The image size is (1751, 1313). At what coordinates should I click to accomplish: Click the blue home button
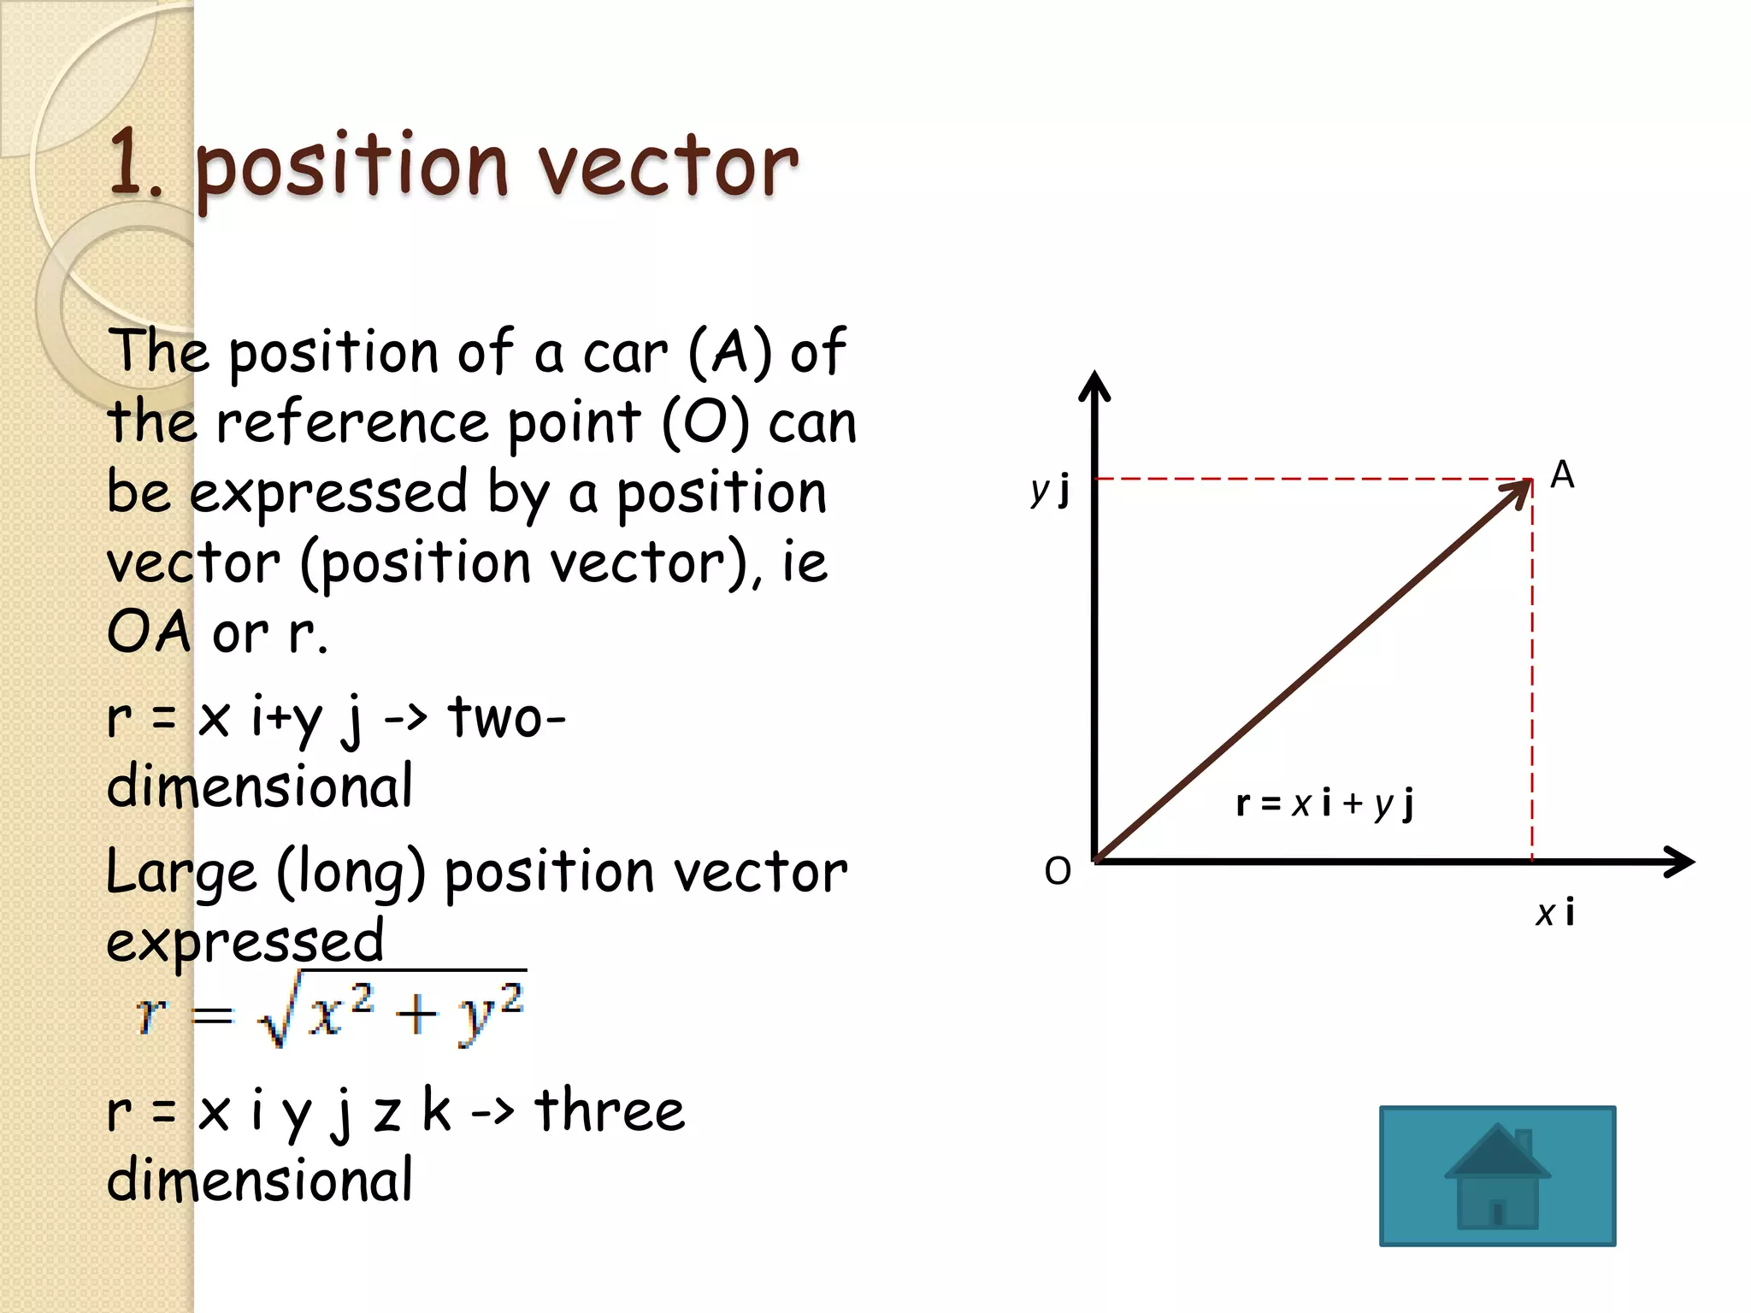(1497, 1175)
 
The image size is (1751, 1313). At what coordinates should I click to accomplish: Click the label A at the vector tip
(1562, 474)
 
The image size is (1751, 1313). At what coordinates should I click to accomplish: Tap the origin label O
(1058, 871)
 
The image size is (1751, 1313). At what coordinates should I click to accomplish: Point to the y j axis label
(1051, 491)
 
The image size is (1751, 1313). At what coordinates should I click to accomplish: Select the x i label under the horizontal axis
(1554, 912)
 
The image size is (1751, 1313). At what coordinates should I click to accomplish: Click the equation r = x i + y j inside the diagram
(1324, 803)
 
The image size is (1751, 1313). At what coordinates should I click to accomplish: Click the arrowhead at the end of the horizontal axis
(1679, 861)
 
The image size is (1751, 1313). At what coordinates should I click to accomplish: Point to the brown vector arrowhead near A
(1518, 492)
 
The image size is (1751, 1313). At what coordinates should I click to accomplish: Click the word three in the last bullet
(610, 1110)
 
